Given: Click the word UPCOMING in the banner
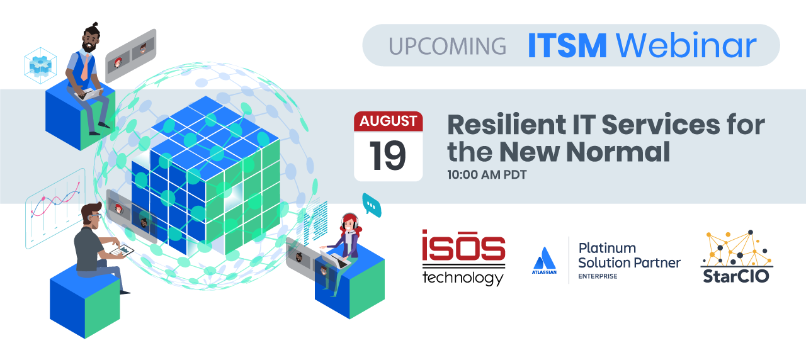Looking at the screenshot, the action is point(447,47).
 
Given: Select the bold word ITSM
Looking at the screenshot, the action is point(567,46).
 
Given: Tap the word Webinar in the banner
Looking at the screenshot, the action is point(686,45).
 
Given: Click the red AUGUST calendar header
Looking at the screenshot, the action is point(389,121).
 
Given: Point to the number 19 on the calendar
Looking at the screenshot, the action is point(387,155).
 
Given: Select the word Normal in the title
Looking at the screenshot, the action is point(618,152).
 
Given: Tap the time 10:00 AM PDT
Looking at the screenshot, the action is point(487,175).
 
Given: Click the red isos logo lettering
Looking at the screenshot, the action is point(463,245).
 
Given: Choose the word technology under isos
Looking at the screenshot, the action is point(463,278).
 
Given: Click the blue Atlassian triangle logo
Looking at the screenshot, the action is point(545,258).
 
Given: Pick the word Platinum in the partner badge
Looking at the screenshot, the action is point(607,248).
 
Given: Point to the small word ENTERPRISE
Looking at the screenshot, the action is point(598,276).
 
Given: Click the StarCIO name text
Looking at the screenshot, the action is point(736,276).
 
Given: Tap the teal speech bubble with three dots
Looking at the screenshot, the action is point(372,205).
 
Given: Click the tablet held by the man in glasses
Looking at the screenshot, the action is point(122,250).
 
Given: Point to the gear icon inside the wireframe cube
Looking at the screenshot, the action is point(40,65).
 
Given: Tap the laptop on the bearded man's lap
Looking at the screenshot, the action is point(89,94).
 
